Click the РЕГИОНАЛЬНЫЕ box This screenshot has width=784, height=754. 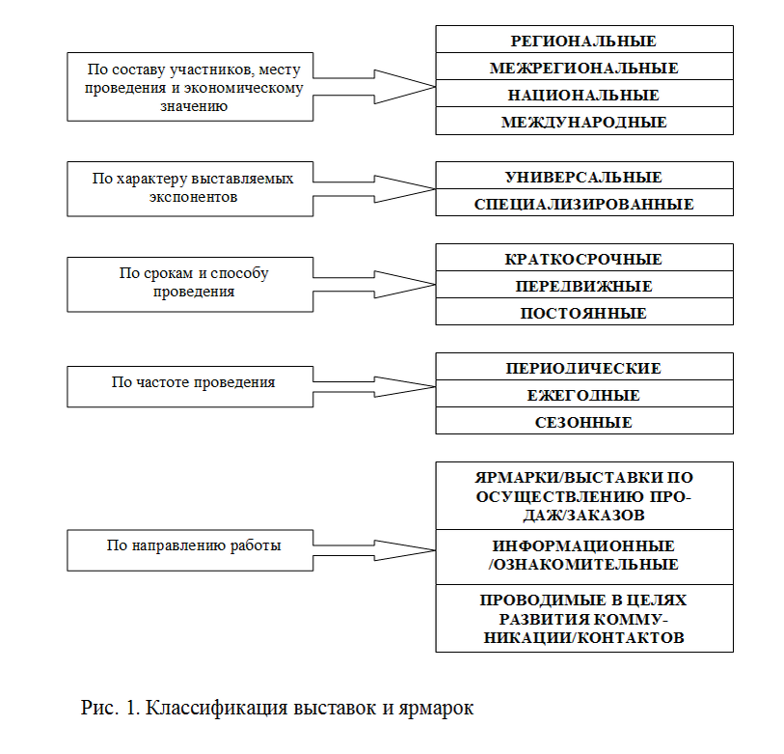tap(583, 41)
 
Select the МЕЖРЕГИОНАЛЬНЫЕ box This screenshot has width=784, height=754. tap(583, 68)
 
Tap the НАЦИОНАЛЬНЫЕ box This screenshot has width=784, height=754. tap(583, 95)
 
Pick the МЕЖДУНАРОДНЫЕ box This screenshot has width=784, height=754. tap(583, 122)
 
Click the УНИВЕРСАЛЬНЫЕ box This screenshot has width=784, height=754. tap(583, 177)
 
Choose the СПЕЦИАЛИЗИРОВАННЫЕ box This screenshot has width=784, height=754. tap(583, 204)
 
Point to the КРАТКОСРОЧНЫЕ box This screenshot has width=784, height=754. tap(583, 259)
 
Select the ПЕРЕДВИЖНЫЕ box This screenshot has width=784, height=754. tap(583, 286)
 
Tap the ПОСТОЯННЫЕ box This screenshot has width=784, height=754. tap(583, 313)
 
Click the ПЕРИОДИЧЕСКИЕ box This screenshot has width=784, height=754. tap(583, 368)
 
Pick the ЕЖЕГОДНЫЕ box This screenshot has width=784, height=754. tap(583, 395)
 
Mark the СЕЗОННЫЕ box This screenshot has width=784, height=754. tap(583, 422)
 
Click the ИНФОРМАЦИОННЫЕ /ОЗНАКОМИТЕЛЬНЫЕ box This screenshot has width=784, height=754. tap(583, 555)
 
